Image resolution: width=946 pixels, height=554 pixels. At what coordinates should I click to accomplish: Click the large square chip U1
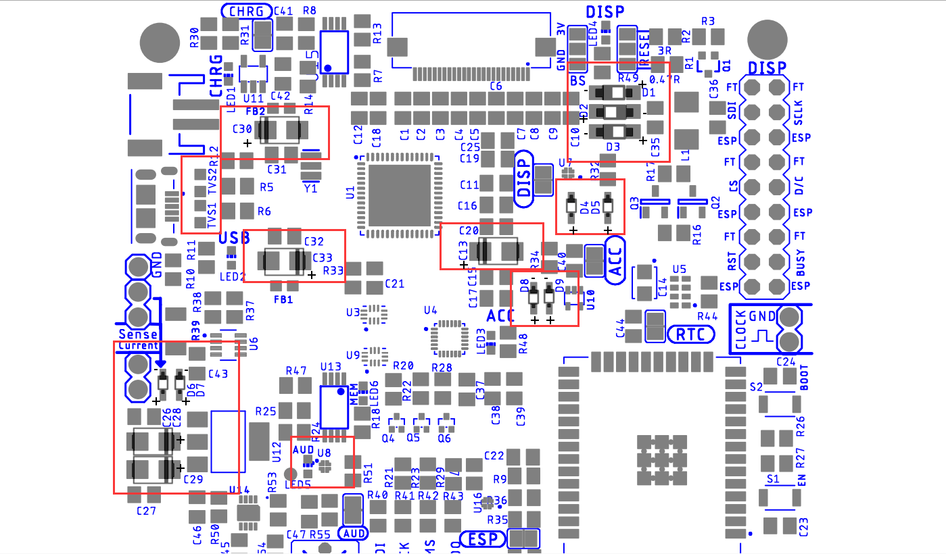coord(399,195)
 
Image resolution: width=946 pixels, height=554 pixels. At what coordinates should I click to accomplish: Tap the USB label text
coord(234,238)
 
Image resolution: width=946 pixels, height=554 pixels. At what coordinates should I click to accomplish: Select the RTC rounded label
coord(690,334)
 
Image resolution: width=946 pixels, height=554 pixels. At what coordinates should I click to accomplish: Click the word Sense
coord(138,334)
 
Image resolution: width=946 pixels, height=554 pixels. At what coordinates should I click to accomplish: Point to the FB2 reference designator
coord(255,111)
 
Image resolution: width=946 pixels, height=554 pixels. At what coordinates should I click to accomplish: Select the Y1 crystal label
coord(310,189)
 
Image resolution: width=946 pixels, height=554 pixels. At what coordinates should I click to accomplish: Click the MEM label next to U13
coord(354,396)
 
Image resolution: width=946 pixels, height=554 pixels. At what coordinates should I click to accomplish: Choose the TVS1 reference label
coord(212,216)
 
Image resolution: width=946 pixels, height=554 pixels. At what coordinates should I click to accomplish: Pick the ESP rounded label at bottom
coord(483,539)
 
